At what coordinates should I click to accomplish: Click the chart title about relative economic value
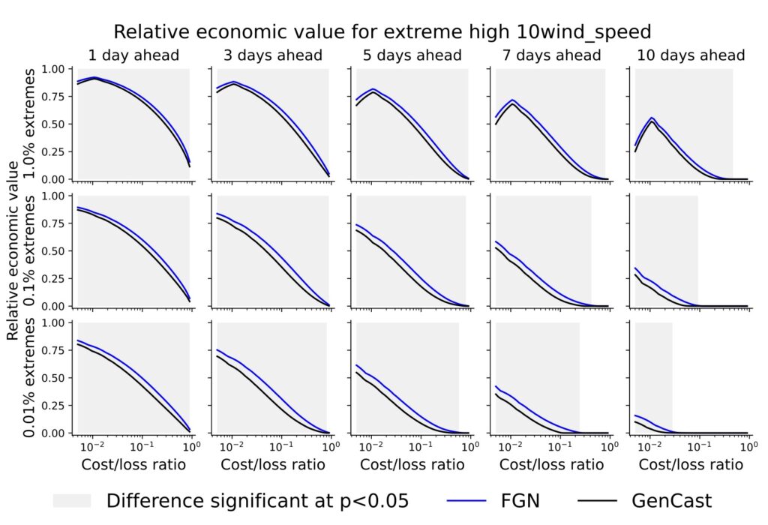click(384, 31)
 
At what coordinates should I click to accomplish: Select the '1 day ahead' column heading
click(133, 55)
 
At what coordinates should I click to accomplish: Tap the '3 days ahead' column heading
click(272, 55)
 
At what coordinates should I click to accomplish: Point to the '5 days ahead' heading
click(412, 55)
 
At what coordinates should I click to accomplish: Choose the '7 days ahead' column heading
click(551, 55)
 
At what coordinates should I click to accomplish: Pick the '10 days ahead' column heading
click(691, 55)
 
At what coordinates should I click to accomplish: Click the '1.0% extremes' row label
click(30, 124)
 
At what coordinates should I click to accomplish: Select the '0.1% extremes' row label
click(30, 251)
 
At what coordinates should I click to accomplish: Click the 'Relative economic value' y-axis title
click(13, 251)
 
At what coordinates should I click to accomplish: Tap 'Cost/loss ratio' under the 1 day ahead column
click(133, 465)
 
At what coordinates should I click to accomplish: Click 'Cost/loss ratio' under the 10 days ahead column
click(691, 465)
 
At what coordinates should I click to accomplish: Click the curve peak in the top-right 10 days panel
click(652, 118)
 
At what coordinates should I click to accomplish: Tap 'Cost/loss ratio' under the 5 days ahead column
click(412, 465)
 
